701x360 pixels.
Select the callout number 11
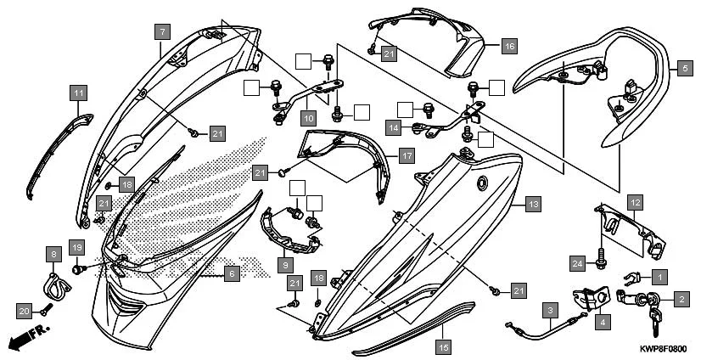pyautogui.click(x=78, y=92)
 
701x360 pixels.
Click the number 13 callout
pyautogui.click(x=532, y=204)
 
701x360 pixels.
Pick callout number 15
pyautogui.click(x=443, y=346)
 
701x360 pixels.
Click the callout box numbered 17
pyautogui.click(x=407, y=156)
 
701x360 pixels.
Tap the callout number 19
pyautogui.click(x=76, y=248)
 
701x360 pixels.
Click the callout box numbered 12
pyautogui.click(x=635, y=202)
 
